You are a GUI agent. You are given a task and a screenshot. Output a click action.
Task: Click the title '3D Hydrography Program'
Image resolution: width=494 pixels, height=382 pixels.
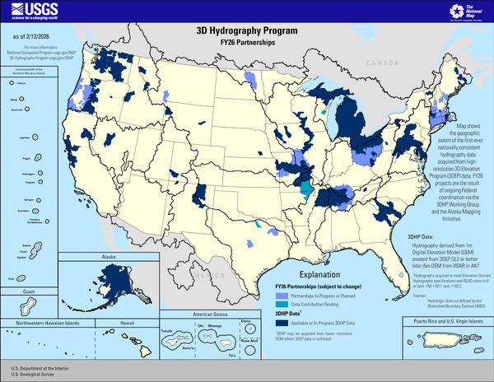(x=247, y=29)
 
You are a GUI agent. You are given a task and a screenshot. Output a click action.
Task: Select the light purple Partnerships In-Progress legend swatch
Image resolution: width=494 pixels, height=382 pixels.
(x=281, y=295)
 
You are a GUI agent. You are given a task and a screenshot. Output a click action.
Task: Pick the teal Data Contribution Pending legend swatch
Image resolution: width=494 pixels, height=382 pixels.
(x=281, y=304)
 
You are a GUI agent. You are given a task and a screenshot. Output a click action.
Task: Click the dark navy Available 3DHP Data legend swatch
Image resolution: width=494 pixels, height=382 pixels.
(x=281, y=322)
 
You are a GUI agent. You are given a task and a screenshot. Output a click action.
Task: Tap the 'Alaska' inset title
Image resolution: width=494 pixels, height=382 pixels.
(x=110, y=258)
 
